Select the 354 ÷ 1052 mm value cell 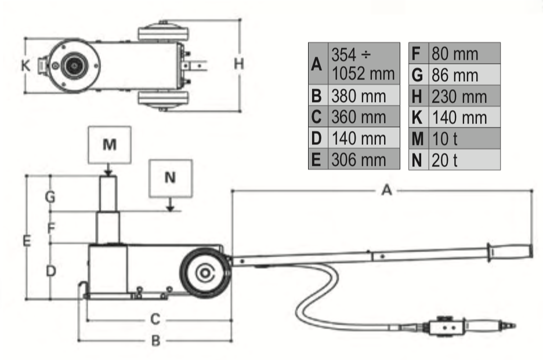click(364, 64)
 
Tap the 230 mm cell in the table click(464, 95)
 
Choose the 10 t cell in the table click(464, 139)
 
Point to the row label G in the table click(417, 75)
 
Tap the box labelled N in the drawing click(170, 178)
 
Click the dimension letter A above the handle click(386, 191)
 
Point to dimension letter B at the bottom click(155, 341)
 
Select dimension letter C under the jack click(155, 319)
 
